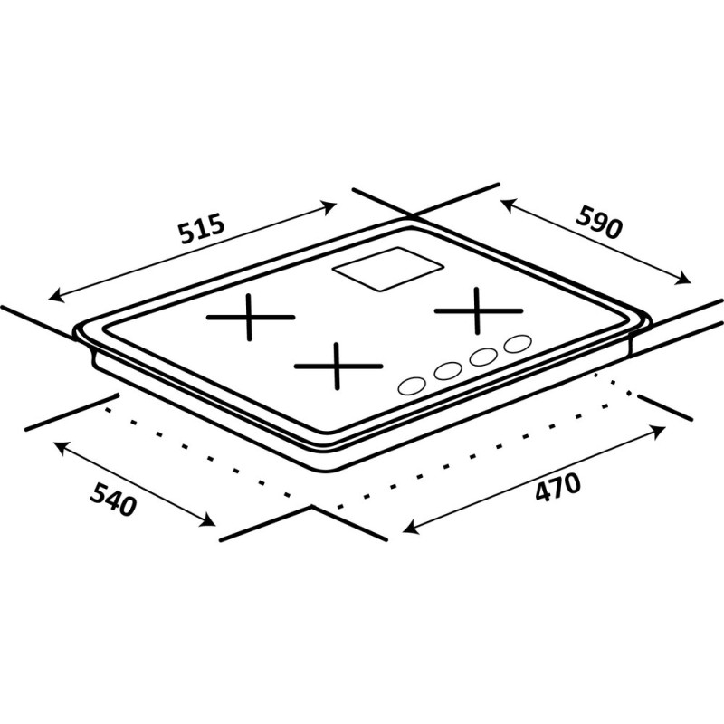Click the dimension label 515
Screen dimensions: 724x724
point(202,228)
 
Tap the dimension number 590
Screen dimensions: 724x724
point(600,223)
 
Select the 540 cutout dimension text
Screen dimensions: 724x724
point(113,500)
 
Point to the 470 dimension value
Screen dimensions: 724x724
point(557,487)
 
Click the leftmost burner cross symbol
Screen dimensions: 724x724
point(251,318)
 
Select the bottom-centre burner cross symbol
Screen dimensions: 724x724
point(338,367)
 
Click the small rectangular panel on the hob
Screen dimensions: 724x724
point(388,270)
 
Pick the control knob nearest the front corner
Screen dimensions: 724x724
point(412,386)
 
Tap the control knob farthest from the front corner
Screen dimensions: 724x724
point(518,344)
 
